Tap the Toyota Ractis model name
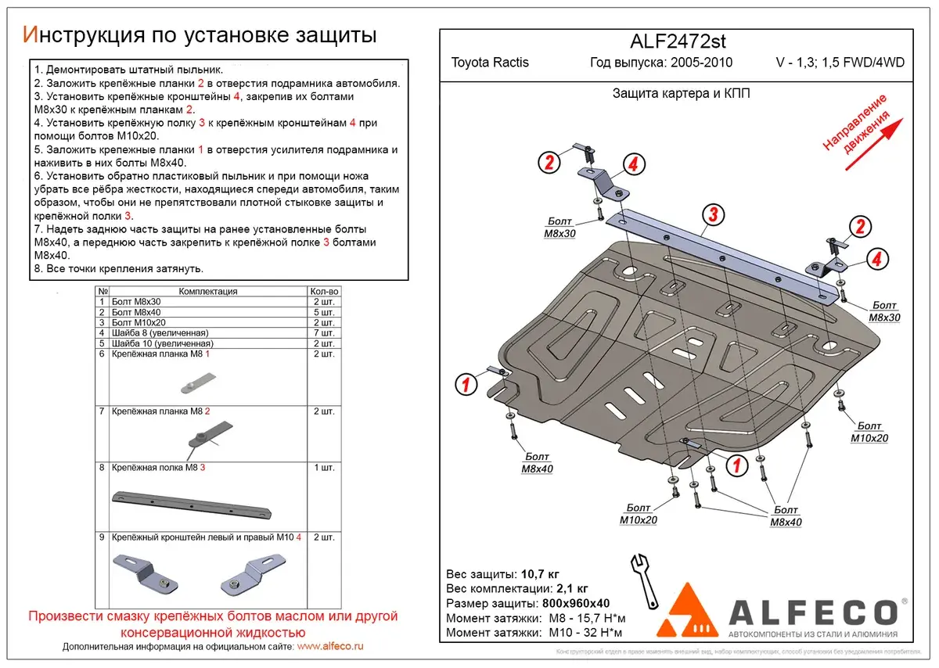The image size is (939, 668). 490,63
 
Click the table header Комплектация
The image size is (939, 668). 207,291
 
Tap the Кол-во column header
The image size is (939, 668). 324,291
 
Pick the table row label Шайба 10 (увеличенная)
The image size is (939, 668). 162,343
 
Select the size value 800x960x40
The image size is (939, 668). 575,604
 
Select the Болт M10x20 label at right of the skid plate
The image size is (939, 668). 869,433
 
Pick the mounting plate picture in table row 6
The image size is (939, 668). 195,383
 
